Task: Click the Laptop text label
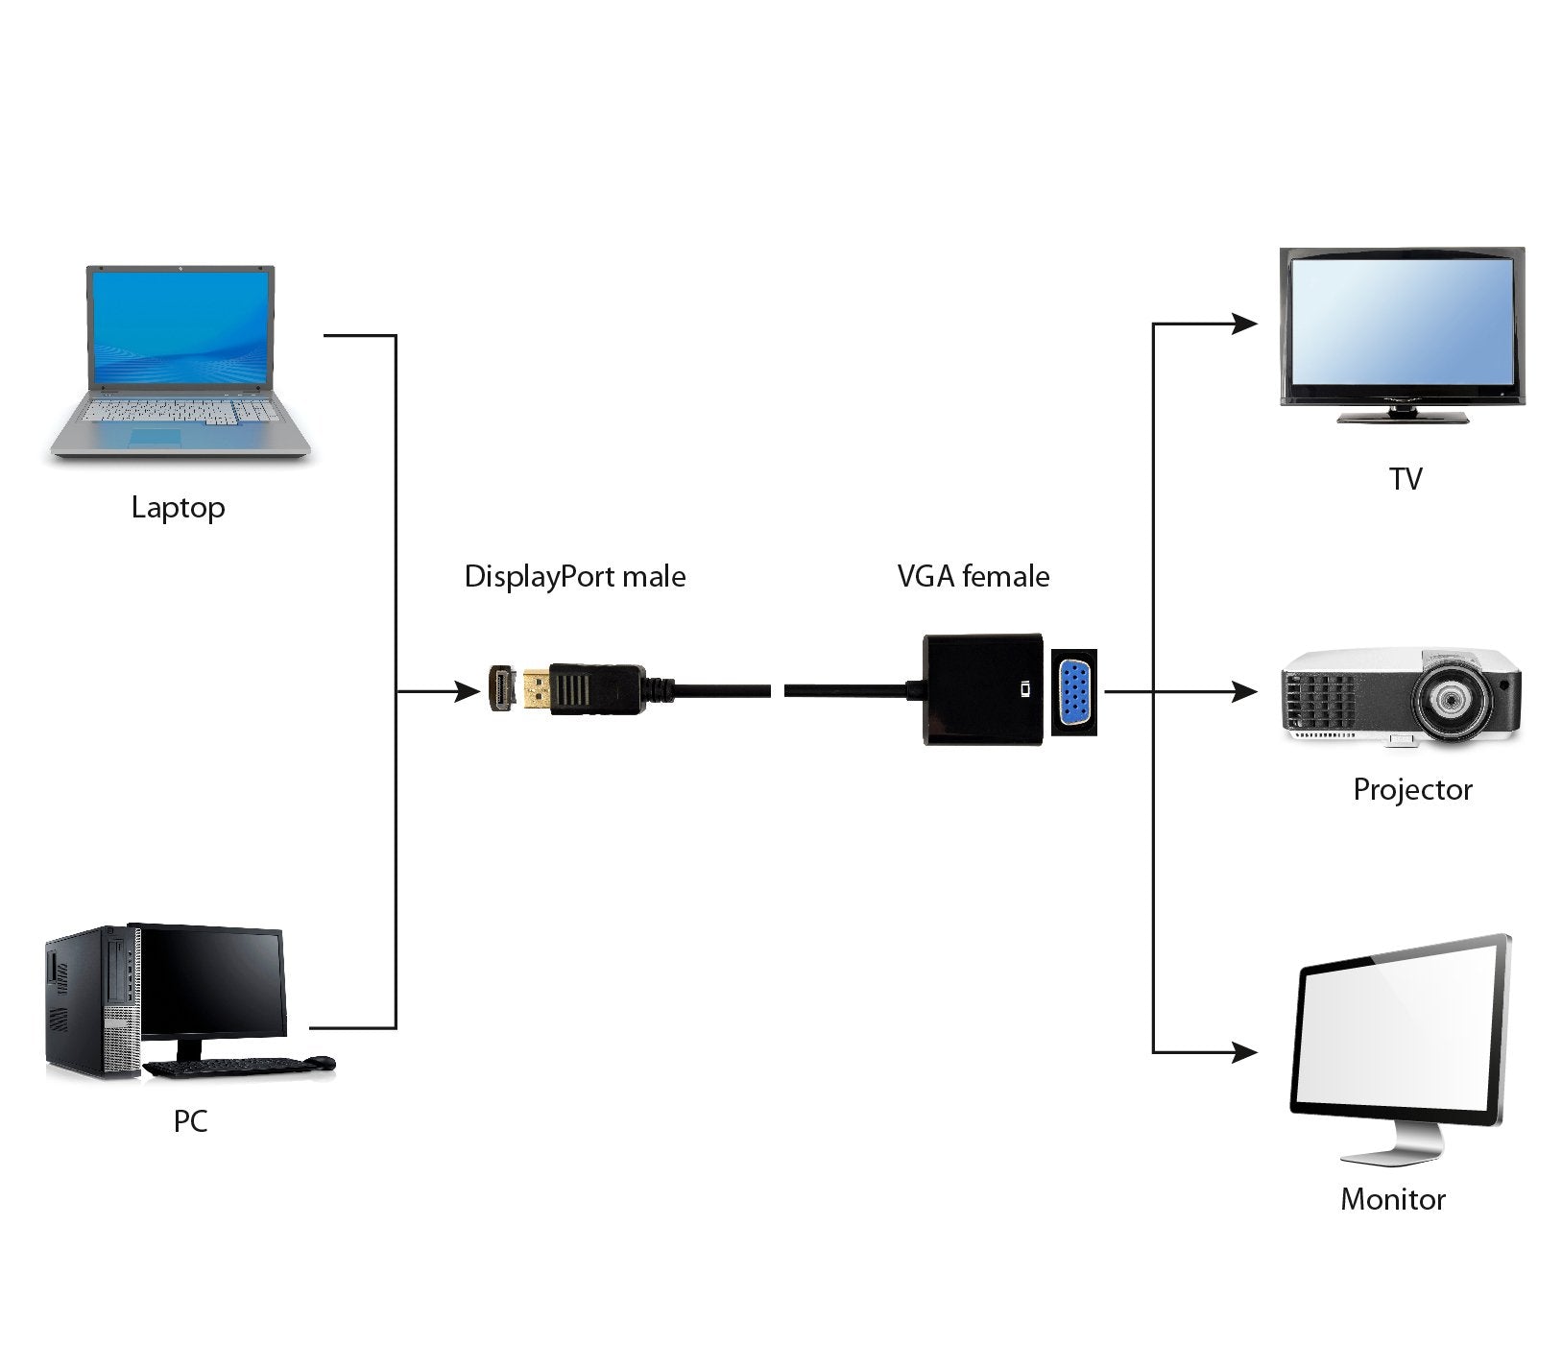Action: click(178, 507)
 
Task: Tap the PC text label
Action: click(190, 1121)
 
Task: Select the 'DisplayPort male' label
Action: click(574, 577)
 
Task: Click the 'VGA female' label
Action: click(973, 577)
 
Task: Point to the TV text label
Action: click(1405, 479)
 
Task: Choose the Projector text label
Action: click(1411, 790)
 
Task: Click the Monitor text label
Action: click(1392, 1200)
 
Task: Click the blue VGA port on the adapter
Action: click(1075, 690)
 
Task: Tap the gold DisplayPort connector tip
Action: click(537, 690)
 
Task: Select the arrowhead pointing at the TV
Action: click(1245, 324)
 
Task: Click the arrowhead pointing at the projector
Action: click(1245, 690)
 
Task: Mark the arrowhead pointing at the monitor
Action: click(1245, 1052)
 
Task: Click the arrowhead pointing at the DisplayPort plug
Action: click(468, 690)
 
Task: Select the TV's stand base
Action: click(1404, 417)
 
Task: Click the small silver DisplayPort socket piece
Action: click(500, 689)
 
